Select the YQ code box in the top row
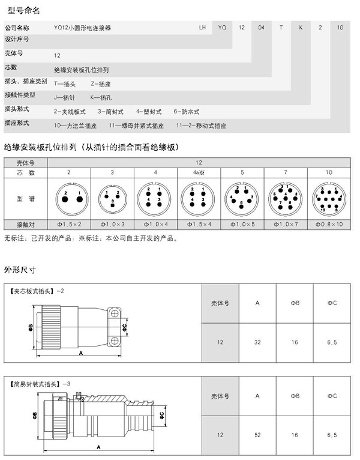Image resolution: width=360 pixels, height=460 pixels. (x=222, y=28)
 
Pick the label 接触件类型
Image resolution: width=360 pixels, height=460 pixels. (x=20, y=95)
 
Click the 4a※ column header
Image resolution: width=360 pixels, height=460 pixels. (x=199, y=172)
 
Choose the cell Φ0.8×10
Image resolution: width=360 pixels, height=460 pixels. (x=329, y=224)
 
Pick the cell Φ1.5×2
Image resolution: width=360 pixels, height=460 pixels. (x=69, y=224)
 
